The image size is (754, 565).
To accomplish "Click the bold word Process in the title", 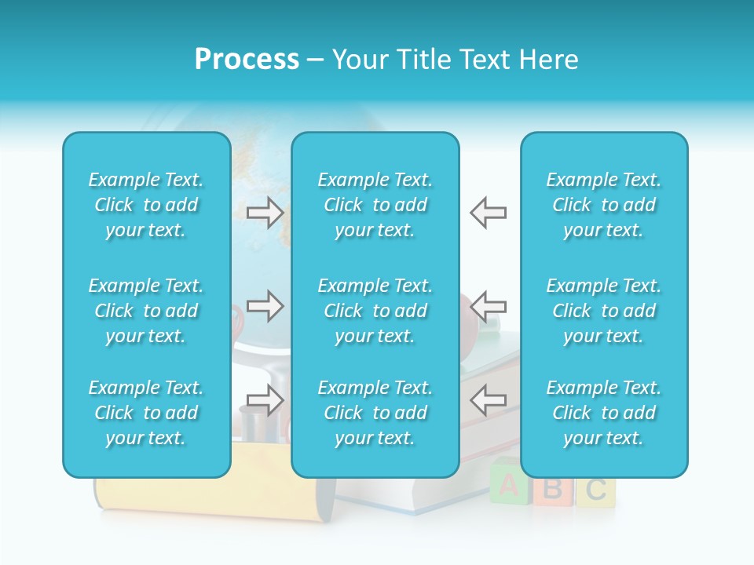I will point(247,60).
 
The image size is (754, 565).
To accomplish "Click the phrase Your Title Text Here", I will point(455,60).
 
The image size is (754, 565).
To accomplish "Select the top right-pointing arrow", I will point(265,212).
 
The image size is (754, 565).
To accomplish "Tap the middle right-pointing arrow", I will point(265,306).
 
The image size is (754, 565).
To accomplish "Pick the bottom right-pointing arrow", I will point(265,400).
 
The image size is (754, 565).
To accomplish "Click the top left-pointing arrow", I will point(488,212).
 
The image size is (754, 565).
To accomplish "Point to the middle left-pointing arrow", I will point(488,306).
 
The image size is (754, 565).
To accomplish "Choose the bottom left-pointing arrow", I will point(488,400).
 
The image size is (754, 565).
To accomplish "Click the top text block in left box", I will point(146,205).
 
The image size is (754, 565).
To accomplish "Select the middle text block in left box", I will point(146,311).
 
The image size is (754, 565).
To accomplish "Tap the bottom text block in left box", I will point(146,413).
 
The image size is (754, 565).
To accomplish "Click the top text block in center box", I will point(375,205).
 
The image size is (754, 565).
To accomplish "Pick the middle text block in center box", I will point(375,311).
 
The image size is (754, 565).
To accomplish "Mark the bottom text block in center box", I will point(375,413).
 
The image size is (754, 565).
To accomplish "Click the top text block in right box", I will point(603,205).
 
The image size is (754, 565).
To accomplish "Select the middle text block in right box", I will point(603,311).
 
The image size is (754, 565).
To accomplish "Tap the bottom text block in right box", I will point(603,413).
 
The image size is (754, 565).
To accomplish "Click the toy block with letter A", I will point(509,487).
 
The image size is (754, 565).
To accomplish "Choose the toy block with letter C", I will point(595,490).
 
